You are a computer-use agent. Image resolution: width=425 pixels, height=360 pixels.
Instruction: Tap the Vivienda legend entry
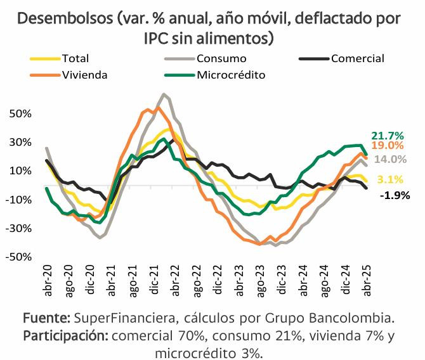pos(84,75)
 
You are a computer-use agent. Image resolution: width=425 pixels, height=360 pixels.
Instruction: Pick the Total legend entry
pos(75,59)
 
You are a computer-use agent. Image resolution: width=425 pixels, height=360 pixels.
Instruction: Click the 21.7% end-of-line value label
pos(388,136)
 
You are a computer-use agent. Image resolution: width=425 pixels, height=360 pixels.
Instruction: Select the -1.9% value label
pos(395,195)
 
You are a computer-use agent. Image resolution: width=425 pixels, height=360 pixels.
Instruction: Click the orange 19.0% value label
pos(388,146)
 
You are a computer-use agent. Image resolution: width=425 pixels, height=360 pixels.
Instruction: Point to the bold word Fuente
pos(46,317)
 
